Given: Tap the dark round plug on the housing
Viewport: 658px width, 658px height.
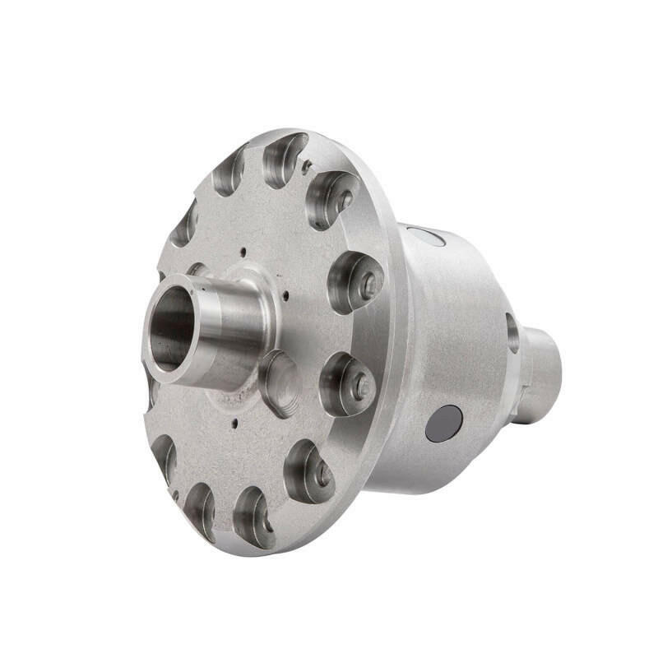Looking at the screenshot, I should coord(443,423).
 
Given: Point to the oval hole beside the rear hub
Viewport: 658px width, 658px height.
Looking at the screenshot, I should coord(512,331).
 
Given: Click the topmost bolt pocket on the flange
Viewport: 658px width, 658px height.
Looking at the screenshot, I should coord(284,158).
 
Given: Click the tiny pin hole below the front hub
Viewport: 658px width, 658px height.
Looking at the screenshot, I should coord(235,424).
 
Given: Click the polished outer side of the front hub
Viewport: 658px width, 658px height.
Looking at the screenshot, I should coord(234,329).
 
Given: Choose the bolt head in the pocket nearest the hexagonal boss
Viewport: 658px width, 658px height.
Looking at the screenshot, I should coord(360,384).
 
